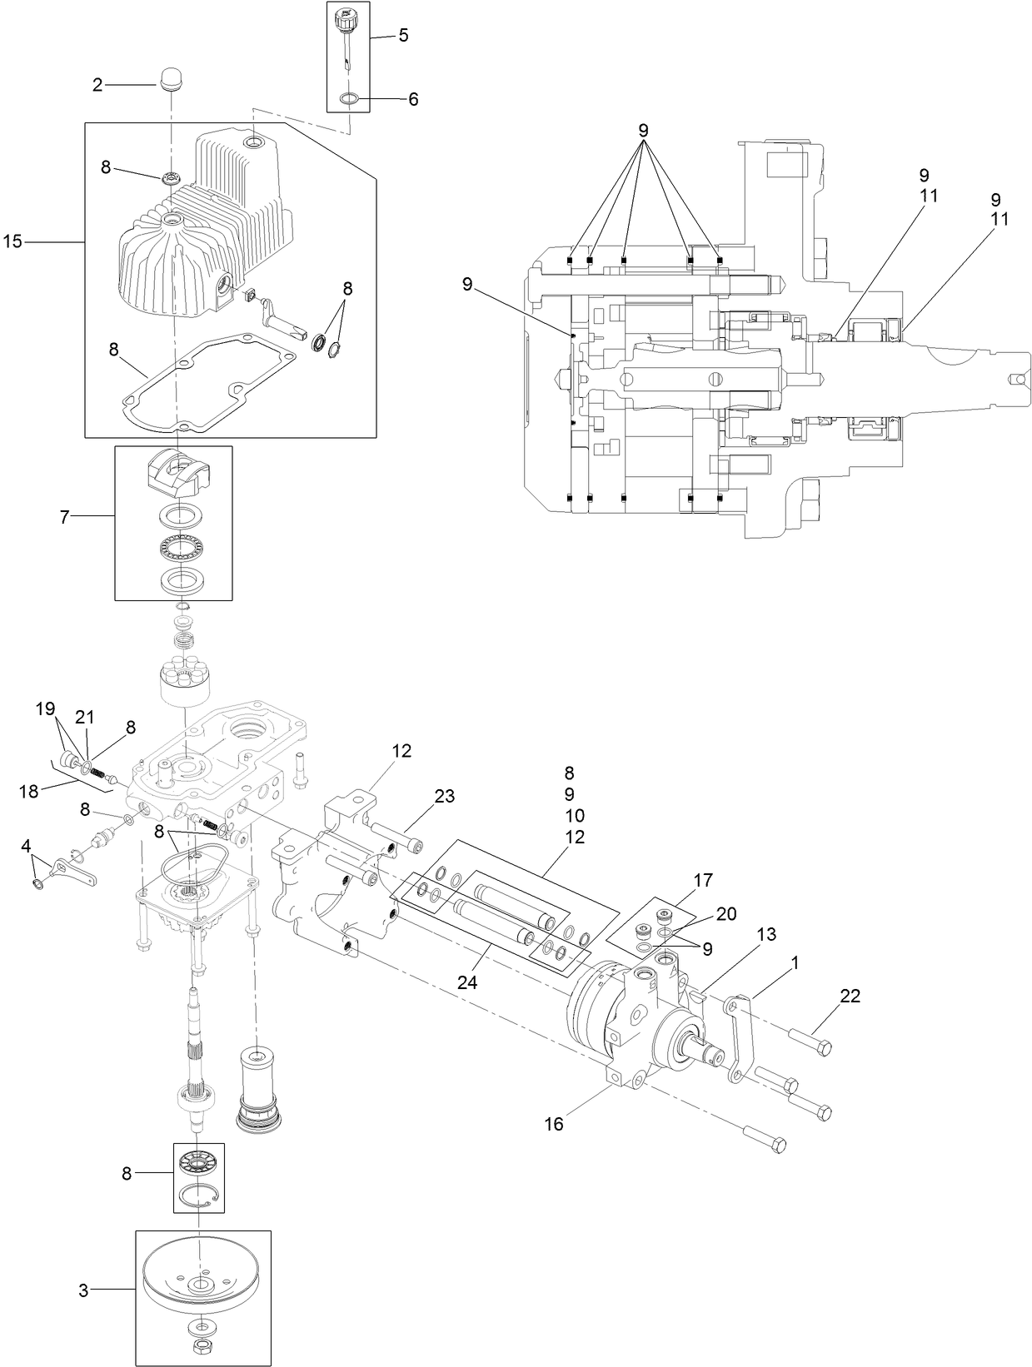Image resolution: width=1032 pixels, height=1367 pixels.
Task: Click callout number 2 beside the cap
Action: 97,85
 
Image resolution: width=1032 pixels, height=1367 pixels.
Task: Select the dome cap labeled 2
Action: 171,81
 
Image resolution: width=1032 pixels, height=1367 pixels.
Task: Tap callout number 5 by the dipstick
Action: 403,36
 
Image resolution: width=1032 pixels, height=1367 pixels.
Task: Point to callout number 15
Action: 12,241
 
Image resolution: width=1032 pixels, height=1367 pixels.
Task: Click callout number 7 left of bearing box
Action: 64,516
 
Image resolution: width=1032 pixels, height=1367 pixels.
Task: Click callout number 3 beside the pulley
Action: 83,1290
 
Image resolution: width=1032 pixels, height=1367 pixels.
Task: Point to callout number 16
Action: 554,1124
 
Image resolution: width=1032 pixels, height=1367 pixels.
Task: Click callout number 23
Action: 444,796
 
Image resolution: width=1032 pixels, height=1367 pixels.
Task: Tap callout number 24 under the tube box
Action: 466,982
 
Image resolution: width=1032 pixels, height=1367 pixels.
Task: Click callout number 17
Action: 702,879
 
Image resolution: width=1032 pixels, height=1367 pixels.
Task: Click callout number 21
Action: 86,717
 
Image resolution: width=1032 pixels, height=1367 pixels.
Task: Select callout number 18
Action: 29,791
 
